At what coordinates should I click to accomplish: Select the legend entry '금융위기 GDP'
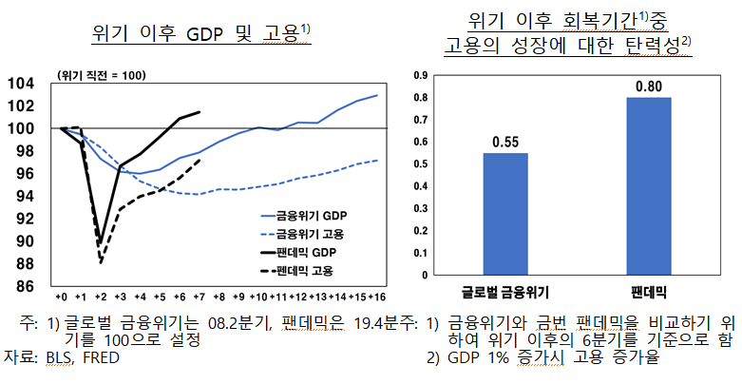click(x=310, y=215)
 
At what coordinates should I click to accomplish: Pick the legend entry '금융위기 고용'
click(x=310, y=234)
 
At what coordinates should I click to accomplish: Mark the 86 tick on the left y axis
click(x=23, y=285)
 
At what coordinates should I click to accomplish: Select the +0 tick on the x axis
click(x=61, y=298)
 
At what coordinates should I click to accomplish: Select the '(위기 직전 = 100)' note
click(x=102, y=74)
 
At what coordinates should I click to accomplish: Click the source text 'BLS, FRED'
click(x=76, y=357)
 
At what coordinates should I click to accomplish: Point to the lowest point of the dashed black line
click(x=101, y=262)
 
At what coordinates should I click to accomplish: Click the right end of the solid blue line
click(x=377, y=95)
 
